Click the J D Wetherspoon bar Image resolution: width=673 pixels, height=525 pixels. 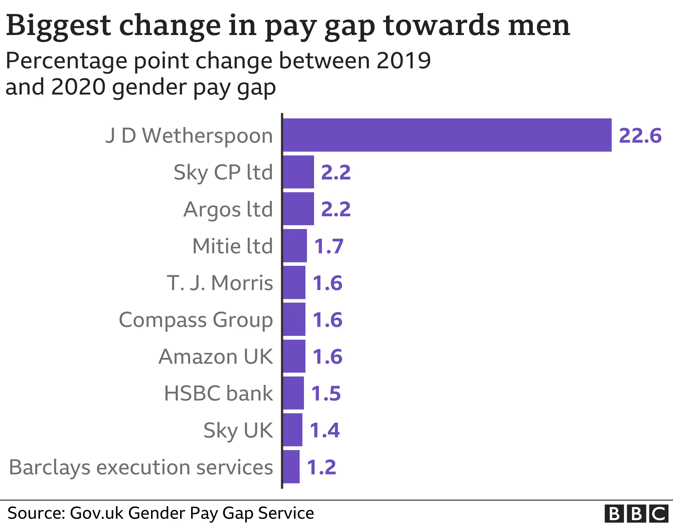pos(447,135)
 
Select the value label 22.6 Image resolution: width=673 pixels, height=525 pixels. pos(640,135)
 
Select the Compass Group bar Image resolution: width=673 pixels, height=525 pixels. pos(294,319)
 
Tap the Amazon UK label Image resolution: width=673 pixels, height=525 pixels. pos(215,356)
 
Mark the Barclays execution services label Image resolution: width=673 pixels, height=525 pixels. pos(141,467)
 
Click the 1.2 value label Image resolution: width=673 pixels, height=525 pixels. pos(321,467)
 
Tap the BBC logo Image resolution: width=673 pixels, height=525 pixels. pos(638,513)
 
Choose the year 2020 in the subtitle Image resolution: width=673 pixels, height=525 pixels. pos(78,87)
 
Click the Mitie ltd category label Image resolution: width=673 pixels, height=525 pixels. pos(232,246)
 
